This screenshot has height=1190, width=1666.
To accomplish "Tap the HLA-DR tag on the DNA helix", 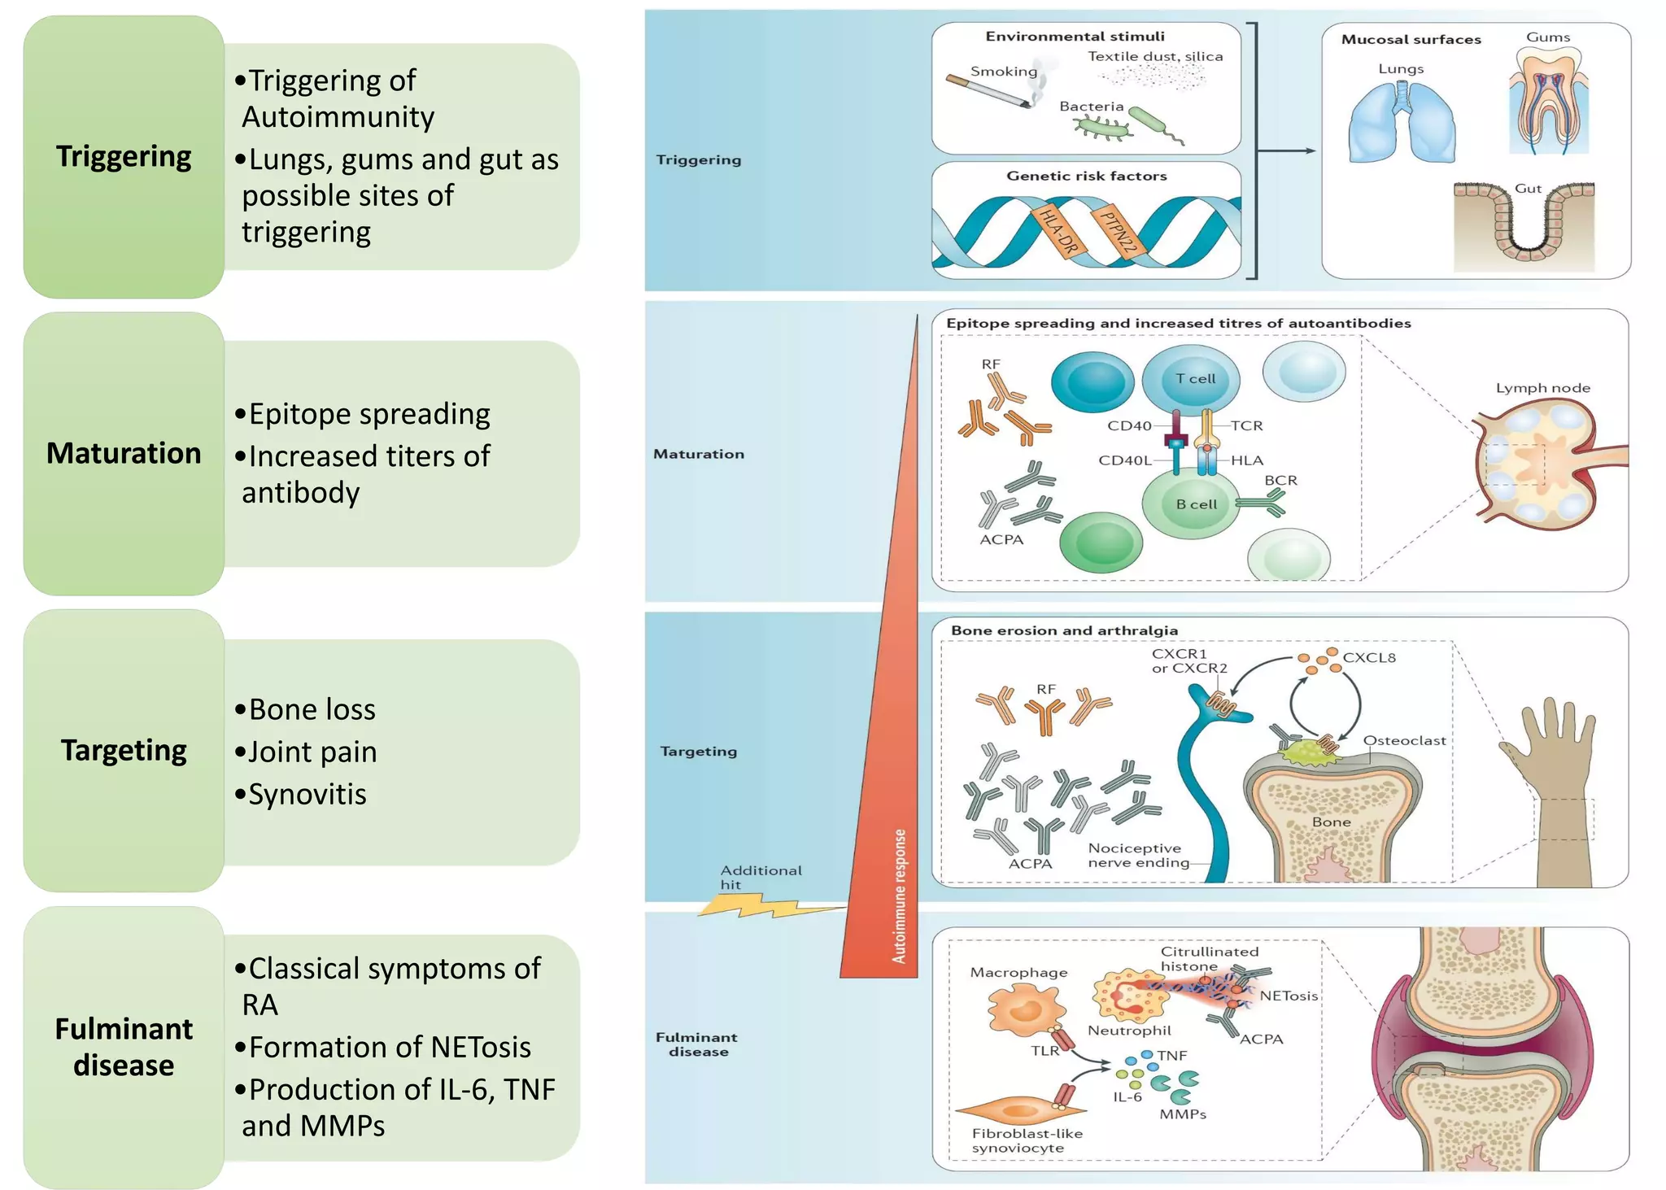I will click(x=1058, y=231).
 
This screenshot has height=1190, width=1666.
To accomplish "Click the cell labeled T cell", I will click(x=1194, y=379).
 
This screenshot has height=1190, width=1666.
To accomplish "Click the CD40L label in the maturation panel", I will click(x=1124, y=460).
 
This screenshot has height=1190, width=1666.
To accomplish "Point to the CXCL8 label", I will click(x=1369, y=658).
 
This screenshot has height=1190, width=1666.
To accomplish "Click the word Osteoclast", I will click(x=1404, y=741).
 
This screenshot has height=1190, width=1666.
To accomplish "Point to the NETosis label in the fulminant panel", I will click(x=1289, y=996).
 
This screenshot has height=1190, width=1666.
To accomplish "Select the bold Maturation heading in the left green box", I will click(x=124, y=453).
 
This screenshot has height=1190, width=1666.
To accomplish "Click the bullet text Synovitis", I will click(x=307, y=794).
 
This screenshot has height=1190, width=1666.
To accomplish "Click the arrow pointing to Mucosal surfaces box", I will click(x=1286, y=150).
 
